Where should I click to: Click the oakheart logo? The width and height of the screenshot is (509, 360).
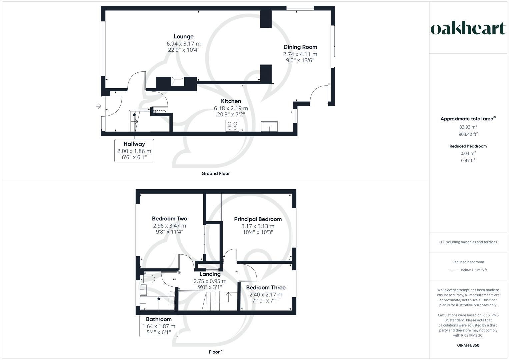click(x=468, y=29)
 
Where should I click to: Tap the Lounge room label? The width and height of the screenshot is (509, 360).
click(x=183, y=37)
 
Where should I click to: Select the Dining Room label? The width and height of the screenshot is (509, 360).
click(x=300, y=47)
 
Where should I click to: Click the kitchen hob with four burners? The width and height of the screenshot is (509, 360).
click(x=232, y=126)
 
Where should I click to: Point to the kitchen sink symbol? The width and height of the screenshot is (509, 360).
click(x=269, y=126)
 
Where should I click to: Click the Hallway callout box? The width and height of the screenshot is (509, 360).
click(x=134, y=151)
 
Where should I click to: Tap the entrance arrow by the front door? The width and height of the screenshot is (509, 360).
click(x=99, y=106)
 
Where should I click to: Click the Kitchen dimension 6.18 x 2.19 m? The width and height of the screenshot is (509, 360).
click(x=231, y=108)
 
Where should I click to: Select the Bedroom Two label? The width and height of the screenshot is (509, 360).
click(x=169, y=219)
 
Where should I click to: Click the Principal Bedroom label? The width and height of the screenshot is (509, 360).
click(x=258, y=219)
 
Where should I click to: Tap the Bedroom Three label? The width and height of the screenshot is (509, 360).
click(x=266, y=287)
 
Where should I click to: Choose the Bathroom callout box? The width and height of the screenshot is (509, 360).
click(x=159, y=325)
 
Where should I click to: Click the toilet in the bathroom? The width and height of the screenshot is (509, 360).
click(x=148, y=279)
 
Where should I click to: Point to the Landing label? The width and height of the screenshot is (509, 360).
click(x=210, y=274)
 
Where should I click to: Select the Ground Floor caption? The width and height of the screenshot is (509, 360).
click(x=215, y=173)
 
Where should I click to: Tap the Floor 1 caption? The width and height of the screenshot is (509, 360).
click(x=216, y=352)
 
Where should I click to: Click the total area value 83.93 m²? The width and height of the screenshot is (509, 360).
click(x=468, y=127)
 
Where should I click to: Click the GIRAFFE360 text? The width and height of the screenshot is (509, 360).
click(x=468, y=345)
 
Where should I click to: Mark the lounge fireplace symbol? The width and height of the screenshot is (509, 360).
click(x=177, y=81)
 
